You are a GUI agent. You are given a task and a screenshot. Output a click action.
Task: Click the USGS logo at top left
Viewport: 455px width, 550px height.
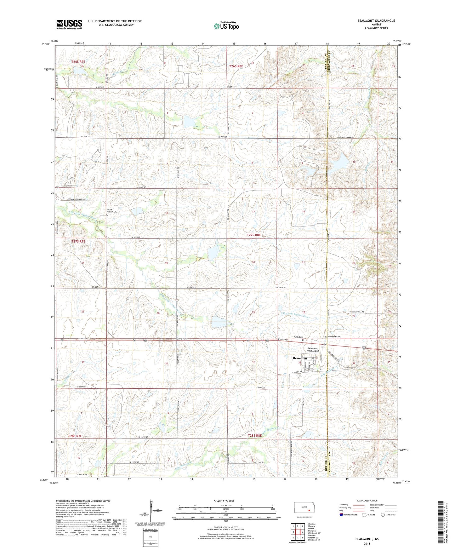69,24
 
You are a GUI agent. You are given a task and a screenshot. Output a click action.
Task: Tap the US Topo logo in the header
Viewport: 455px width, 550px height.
226,26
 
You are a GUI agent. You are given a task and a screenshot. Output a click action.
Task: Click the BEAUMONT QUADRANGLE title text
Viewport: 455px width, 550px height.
376,21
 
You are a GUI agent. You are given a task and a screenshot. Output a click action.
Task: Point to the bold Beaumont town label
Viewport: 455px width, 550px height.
300,358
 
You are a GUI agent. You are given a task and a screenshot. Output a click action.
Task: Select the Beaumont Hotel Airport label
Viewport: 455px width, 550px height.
313,349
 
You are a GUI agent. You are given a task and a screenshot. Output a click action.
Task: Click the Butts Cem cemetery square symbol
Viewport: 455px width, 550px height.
303,340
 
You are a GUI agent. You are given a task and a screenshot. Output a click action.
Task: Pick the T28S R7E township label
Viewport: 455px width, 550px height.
75,436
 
